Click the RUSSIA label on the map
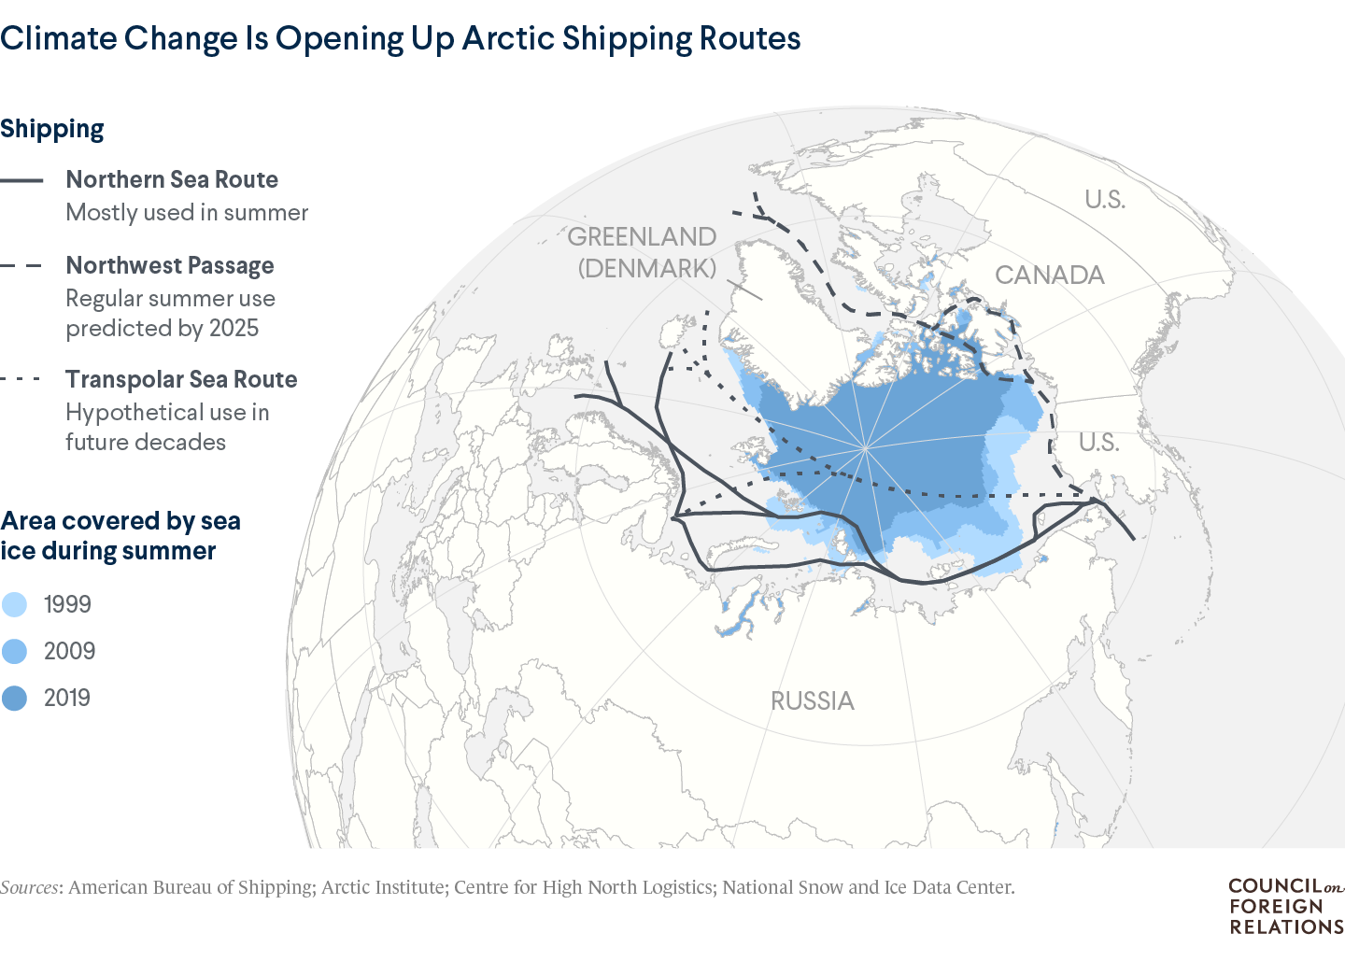click(812, 701)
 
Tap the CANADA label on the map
click(1049, 275)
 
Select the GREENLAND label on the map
click(642, 236)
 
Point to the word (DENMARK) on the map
click(647, 268)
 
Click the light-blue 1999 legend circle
click(15, 604)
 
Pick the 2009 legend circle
click(15, 651)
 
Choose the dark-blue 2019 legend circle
click(15, 698)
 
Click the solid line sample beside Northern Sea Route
click(21, 180)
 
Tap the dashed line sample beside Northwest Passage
click(21, 266)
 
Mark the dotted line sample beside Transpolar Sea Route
click(21, 379)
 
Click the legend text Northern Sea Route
click(172, 179)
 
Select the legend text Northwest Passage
click(170, 266)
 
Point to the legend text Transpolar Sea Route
click(181, 379)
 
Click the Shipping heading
click(52, 129)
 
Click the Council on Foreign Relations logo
click(1285, 906)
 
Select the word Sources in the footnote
click(31, 887)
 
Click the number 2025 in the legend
click(234, 329)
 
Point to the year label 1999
click(67, 604)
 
